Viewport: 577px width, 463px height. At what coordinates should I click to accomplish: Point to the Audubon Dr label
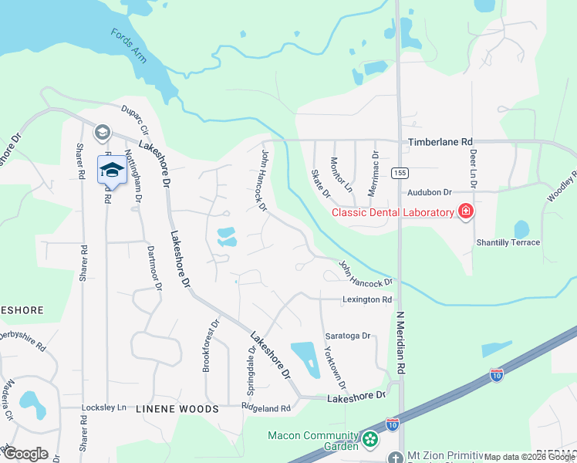429,191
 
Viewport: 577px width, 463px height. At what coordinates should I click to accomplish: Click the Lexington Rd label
368,299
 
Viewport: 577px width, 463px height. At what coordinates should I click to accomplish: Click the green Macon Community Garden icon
371,440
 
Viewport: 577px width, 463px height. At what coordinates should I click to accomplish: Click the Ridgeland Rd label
265,407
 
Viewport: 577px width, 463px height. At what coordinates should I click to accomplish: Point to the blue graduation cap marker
111,170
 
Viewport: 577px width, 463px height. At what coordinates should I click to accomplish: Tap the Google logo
25,454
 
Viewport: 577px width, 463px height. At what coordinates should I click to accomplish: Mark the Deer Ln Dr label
473,169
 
